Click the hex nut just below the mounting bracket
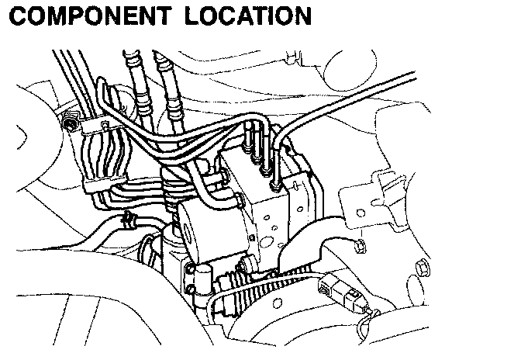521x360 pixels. coord(358,247)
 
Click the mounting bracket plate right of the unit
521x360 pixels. coord(372,198)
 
